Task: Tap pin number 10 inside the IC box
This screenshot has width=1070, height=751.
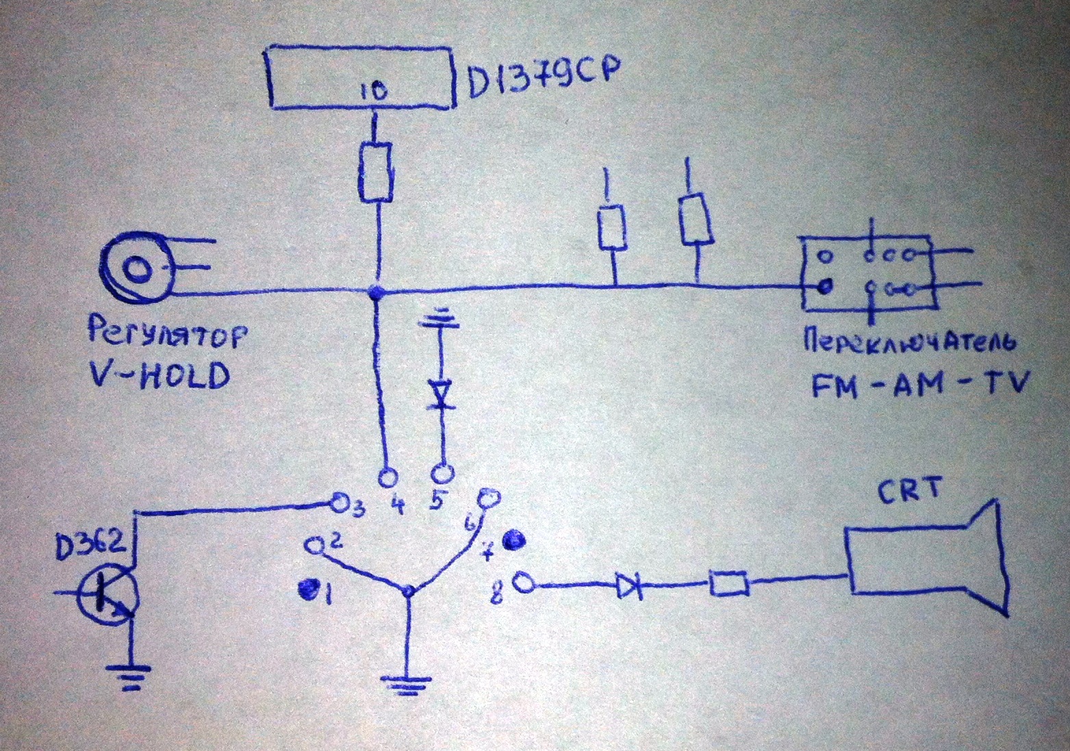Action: coord(371,90)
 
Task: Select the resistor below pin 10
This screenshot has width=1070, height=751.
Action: coord(375,172)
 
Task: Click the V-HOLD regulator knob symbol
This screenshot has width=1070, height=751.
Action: coord(137,269)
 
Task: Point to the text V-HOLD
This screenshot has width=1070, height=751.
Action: coord(160,375)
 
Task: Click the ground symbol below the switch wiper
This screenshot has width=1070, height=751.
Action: coord(409,684)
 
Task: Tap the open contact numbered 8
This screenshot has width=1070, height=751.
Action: coord(524,583)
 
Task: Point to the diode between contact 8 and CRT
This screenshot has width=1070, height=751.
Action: coord(629,586)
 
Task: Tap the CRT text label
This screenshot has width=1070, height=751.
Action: coord(907,492)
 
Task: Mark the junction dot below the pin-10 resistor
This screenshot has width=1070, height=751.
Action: coord(374,293)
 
